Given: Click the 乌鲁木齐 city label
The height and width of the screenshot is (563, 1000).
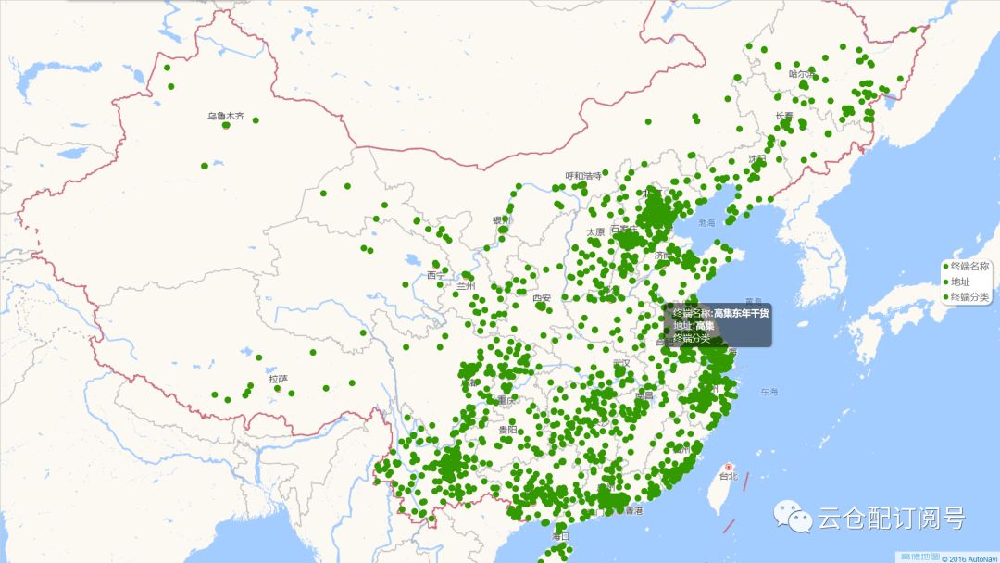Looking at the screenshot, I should click(x=225, y=117).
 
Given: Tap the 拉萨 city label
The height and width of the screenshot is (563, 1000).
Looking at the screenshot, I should click(x=278, y=379).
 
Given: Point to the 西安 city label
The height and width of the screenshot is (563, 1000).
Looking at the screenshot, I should click(x=542, y=297).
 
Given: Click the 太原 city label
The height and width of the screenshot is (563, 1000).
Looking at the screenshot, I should click(x=594, y=231).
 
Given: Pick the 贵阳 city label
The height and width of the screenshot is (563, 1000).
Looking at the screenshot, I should click(x=507, y=430).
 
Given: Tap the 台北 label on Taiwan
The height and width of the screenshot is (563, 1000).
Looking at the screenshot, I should click(x=729, y=477).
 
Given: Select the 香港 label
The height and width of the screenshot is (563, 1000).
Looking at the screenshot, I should click(x=634, y=510).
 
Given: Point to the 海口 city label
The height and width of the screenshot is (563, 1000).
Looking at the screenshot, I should click(x=560, y=536).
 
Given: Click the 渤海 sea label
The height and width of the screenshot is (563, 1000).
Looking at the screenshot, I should click(x=707, y=223).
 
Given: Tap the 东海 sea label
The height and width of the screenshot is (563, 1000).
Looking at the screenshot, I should click(x=770, y=393).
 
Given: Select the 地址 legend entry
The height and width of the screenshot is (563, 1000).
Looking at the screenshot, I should click(x=960, y=281).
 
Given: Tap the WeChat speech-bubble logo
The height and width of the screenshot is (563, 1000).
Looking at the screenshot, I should click(x=792, y=517).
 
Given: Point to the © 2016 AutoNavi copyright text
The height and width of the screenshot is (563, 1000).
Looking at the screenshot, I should click(x=969, y=558).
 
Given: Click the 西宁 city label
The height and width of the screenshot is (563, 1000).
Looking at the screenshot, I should click(x=435, y=275).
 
